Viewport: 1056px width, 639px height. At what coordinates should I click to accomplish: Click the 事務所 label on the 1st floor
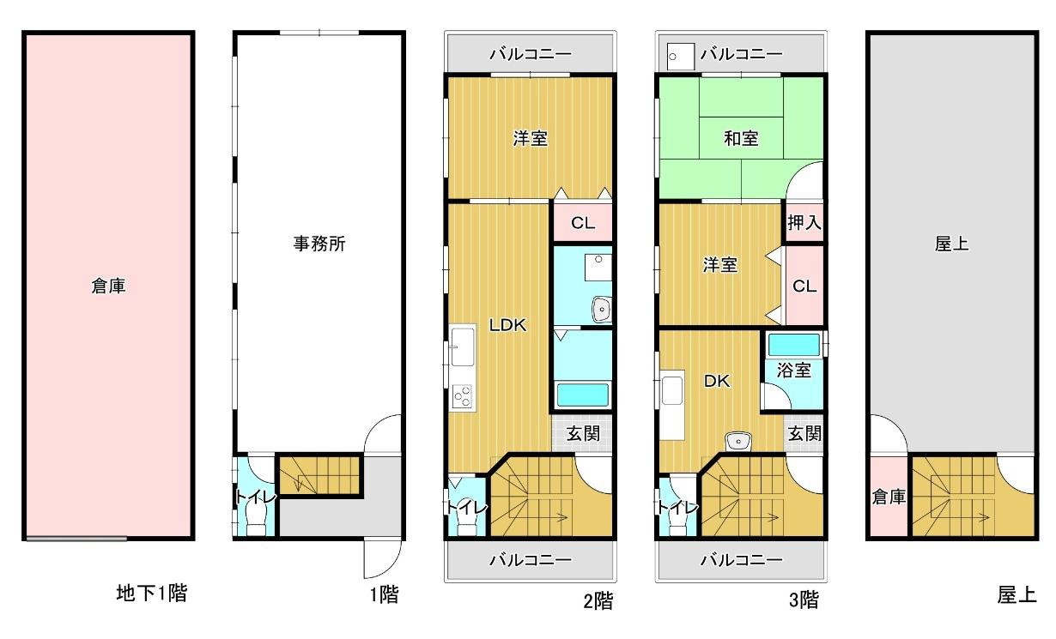(319, 244)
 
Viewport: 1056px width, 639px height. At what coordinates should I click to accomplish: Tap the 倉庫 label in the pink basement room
(108, 286)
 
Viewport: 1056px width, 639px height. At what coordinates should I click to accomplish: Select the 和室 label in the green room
(740, 138)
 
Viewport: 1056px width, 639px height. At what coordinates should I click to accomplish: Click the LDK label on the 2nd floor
(507, 325)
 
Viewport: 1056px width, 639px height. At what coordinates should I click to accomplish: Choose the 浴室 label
(794, 371)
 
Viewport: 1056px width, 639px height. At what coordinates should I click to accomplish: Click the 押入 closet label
(804, 223)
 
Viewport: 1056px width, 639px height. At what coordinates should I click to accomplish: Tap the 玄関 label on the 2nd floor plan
(583, 434)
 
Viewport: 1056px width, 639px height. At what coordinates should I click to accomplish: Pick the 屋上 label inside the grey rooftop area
(951, 244)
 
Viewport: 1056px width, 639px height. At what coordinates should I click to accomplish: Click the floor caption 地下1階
(152, 592)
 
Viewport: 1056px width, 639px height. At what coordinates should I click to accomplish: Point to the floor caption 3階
(804, 600)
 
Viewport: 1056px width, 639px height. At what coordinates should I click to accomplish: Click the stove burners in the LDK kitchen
(462, 396)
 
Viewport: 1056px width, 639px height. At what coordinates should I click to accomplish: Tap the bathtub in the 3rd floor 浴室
(793, 345)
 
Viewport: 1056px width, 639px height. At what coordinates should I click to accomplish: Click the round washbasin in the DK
(737, 443)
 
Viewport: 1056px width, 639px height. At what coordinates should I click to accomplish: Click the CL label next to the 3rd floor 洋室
(804, 286)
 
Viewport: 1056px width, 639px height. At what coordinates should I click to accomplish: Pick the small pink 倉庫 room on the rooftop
(889, 497)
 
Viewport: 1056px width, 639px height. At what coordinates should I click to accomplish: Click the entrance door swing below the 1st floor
(380, 559)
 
